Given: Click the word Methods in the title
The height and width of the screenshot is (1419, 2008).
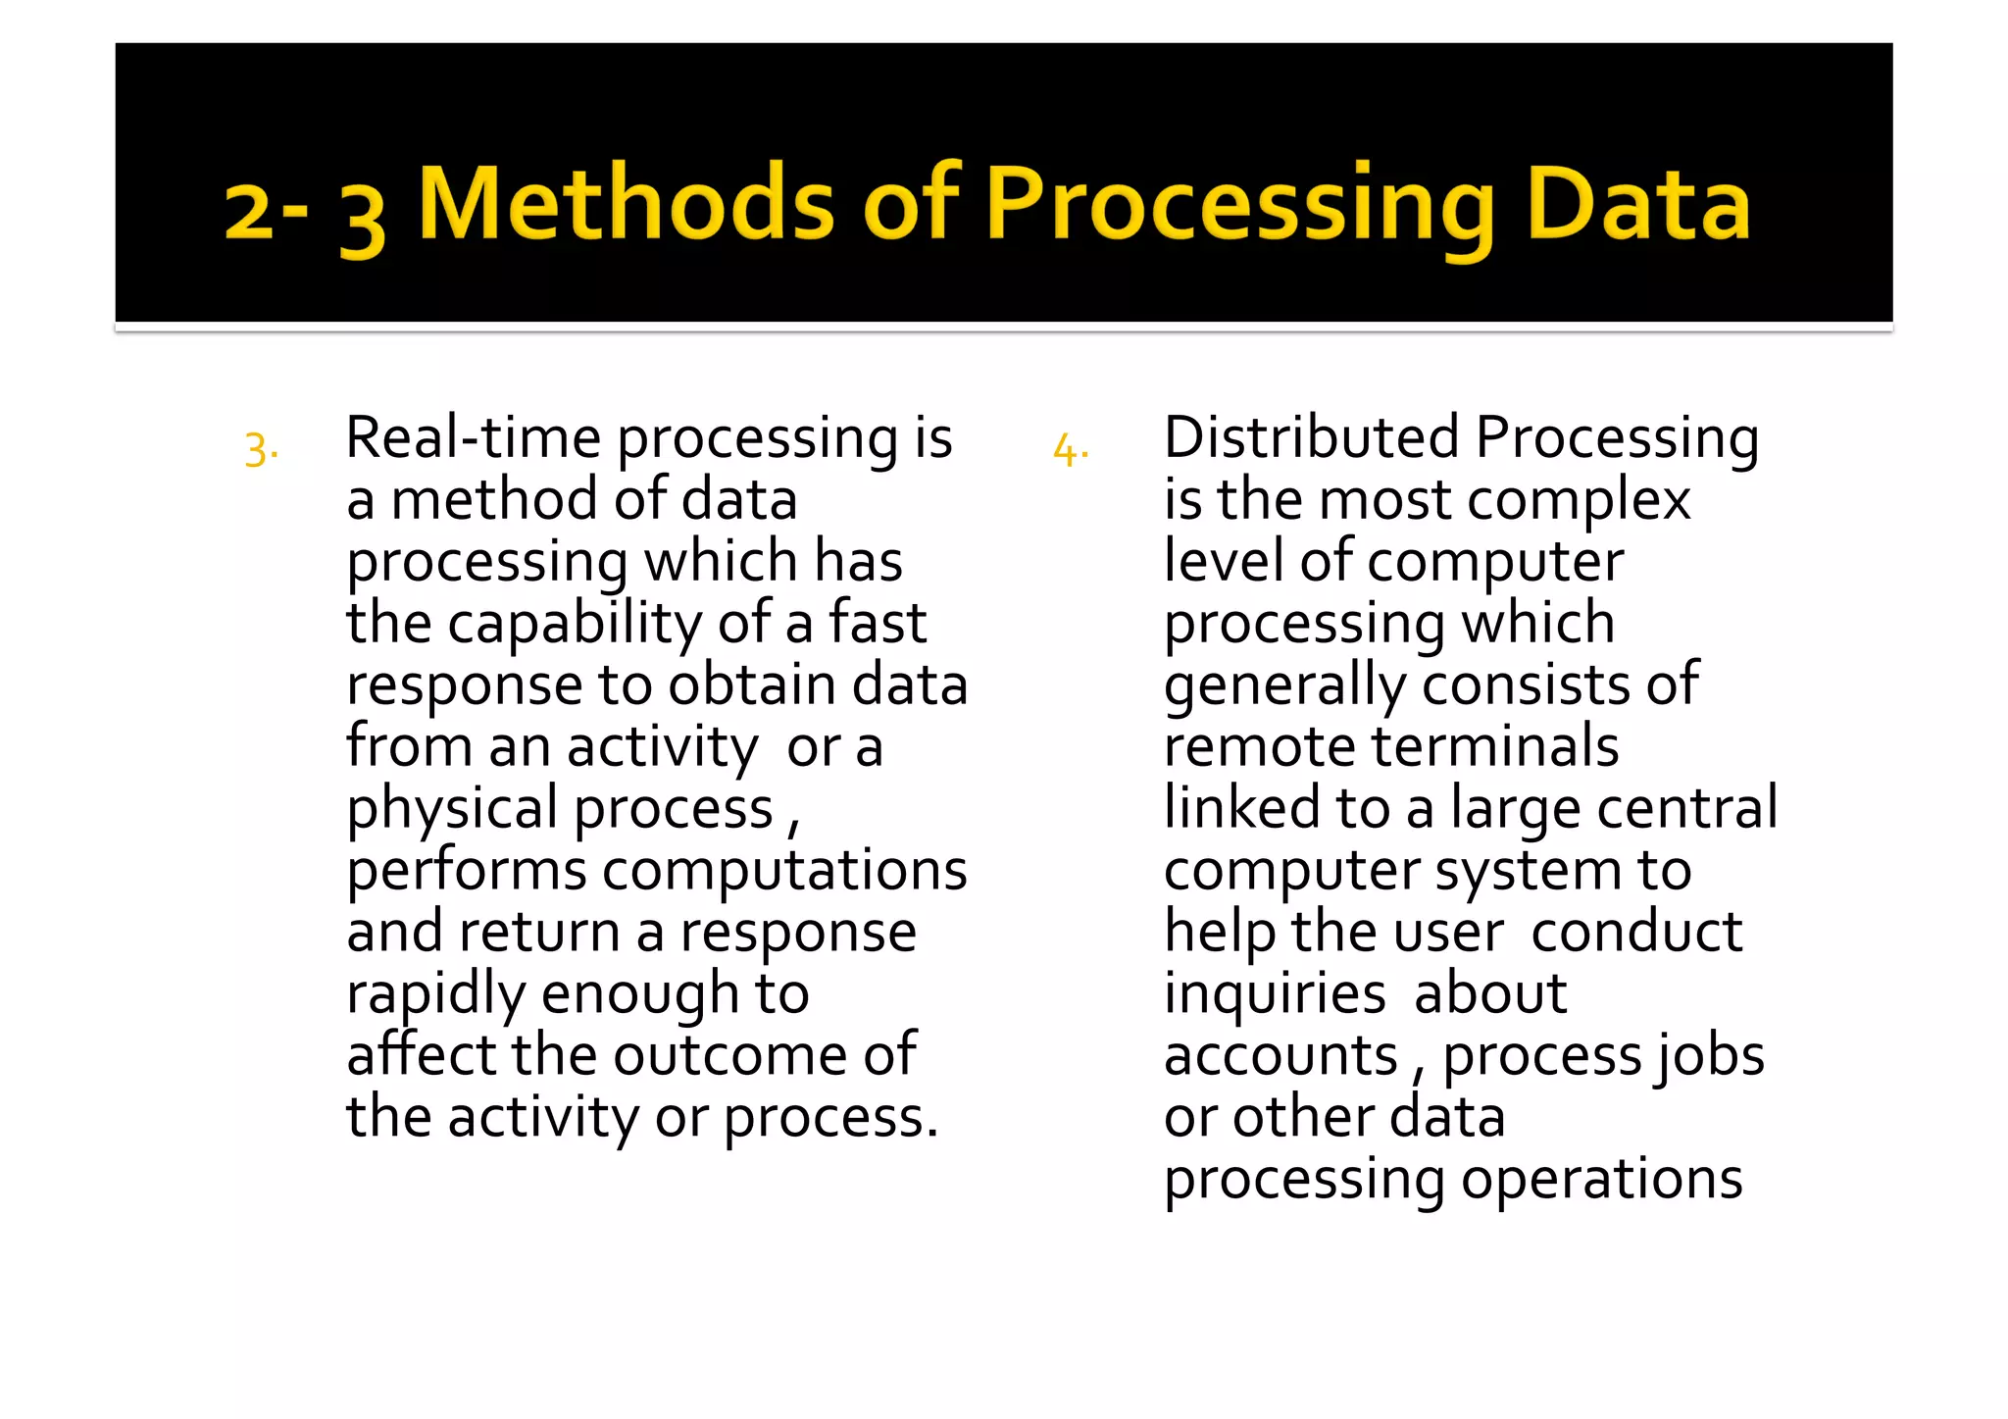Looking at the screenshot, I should click(x=626, y=203).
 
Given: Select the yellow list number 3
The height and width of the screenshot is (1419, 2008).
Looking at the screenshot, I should click(x=260, y=450).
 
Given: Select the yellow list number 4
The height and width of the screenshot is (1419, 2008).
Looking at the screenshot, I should click(x=1070, y=450).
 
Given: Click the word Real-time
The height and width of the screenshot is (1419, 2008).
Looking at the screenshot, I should click(x=473, y=437).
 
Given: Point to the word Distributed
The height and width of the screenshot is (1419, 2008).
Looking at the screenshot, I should click(x=1311, y=437).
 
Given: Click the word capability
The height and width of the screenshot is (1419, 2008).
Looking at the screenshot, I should click(x=575, y=625).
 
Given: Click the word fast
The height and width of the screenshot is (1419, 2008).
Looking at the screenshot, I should click(x=878, y=624).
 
